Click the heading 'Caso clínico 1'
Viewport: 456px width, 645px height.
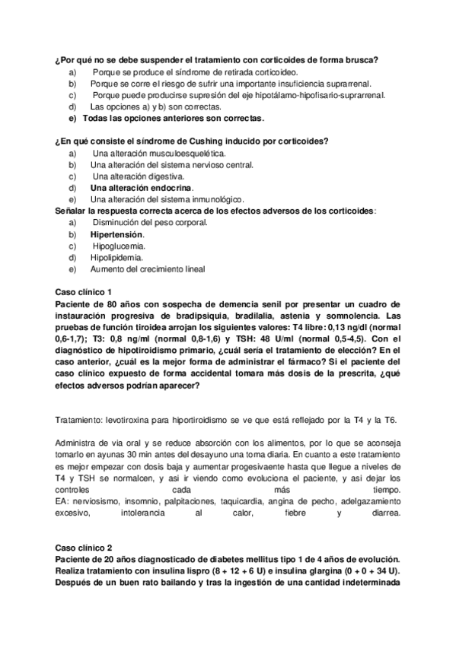tap(84, 291)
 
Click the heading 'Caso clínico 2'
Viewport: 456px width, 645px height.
tap(84, 547)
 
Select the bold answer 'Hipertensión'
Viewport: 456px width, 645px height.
tap(116, 235)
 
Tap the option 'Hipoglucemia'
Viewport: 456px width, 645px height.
tap(120, 246)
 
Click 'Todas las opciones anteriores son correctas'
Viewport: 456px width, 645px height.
tap(173, 119)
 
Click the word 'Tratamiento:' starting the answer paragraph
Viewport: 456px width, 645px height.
tap(80, 419)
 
